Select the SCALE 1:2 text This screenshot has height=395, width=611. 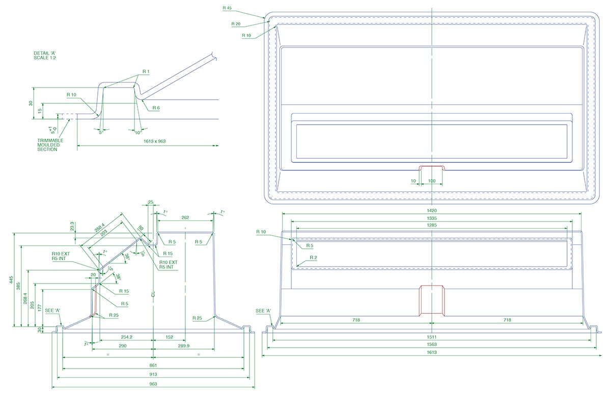tap(44, 59)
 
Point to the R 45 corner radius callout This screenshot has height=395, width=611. tap(227, 8)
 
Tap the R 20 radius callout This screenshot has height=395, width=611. tap(235, 24)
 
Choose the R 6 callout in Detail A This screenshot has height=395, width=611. tap(156, 108)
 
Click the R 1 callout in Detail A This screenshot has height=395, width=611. tap(146, 72)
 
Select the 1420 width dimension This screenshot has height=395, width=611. tap(431, 210)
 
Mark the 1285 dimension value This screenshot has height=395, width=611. tap(431, 225)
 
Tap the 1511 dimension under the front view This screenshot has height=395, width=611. tap(431, 337)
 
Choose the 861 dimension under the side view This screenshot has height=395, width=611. tap(152, 365)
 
